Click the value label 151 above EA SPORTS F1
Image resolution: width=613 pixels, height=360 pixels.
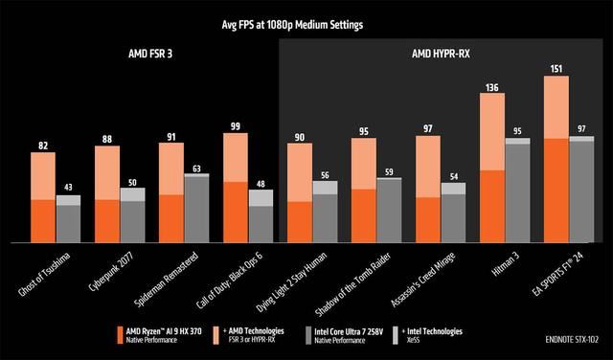(556, 68)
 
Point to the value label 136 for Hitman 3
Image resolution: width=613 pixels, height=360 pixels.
(492, 87)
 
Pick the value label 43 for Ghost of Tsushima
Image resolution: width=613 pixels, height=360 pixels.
(68, 188)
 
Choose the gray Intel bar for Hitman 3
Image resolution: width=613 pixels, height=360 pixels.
(517, 191)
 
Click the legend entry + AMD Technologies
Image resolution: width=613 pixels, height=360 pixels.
(257, 334)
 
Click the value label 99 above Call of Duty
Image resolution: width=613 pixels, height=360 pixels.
(236, 125)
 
